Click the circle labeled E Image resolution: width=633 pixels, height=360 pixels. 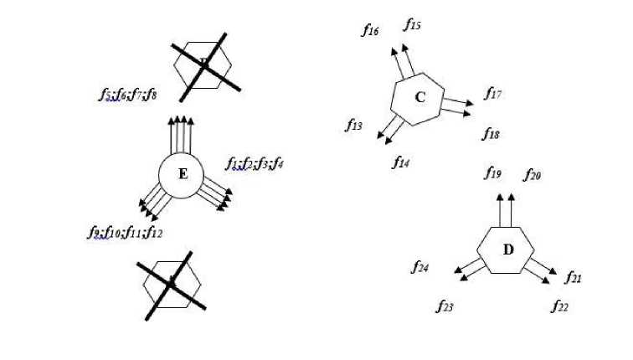click(183, 175)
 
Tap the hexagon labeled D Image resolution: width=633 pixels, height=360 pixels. click(507, 249)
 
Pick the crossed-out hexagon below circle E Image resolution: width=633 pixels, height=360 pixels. click(172, 285)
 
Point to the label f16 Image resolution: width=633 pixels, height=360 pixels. click(370, 31)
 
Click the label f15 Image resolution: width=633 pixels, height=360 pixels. click(412, 25)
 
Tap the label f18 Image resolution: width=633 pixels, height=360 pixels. click(491, 133)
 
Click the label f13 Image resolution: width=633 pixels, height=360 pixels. click(354, 126)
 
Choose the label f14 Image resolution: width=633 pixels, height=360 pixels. click(400, 162)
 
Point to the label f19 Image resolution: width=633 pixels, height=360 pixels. click(493, 173)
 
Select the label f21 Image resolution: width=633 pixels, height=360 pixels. click(574, 277)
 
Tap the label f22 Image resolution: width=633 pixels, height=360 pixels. click(559, 306)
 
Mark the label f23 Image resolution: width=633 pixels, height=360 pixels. click(445, 306)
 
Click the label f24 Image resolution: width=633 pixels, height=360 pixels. click(420, 267)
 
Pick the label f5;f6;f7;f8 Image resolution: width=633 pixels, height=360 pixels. click(127, 95)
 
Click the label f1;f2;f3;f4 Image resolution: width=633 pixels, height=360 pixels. click(255, 163)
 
